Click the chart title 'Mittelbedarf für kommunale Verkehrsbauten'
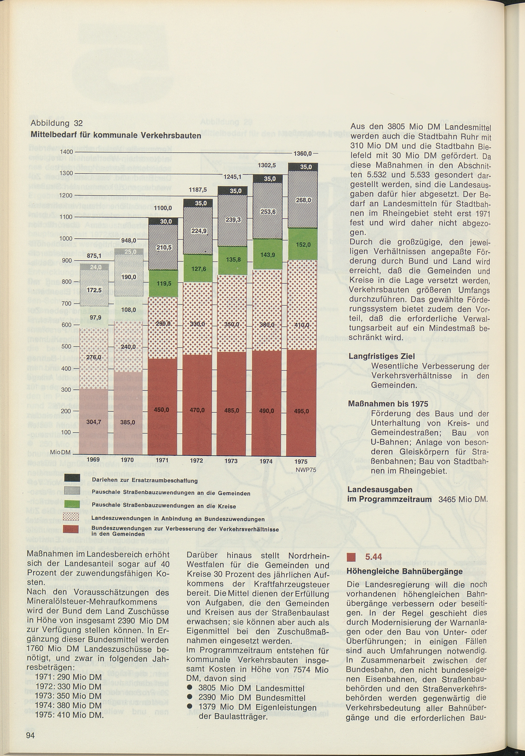(116, 135)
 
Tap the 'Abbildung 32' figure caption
(56, 123)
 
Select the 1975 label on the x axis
(301, 461)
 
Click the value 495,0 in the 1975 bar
(301, 411)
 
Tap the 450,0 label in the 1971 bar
(161, 410)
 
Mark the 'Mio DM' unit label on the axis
(60, 453)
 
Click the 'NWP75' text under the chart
(306, 470)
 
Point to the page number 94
(30, 734)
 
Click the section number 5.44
(373, 556)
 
